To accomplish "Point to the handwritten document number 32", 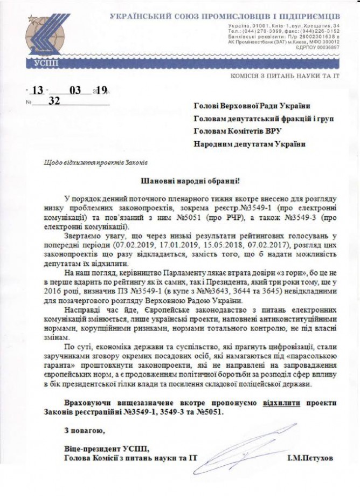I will coord(53,101).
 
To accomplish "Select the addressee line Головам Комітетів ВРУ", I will coord(237,132).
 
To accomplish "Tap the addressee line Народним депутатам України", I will coord(249,144).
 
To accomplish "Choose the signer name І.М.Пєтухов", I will coord(311,458).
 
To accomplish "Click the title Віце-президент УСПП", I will coord(105,448).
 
